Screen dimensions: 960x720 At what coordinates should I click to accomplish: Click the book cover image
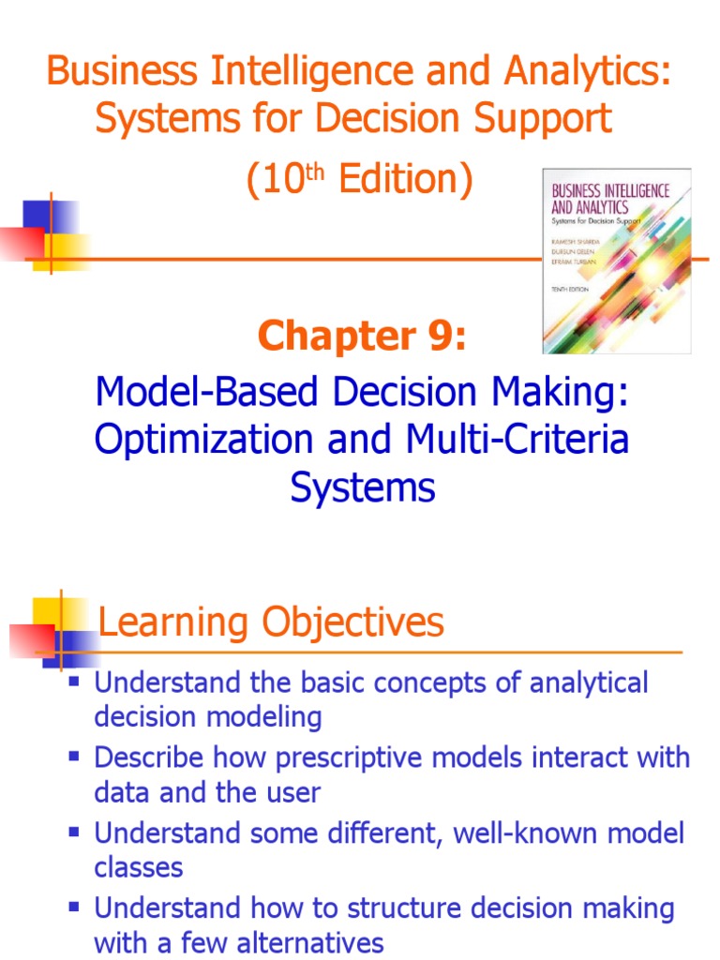coord(616,261)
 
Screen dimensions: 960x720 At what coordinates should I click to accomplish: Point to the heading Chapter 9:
coord(361,335)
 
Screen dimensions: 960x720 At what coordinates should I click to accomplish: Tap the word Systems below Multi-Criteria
coord(363,487)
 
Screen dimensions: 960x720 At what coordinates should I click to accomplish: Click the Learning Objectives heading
coord(271,622)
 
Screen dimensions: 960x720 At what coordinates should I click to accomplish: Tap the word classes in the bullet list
coord(139,867)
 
